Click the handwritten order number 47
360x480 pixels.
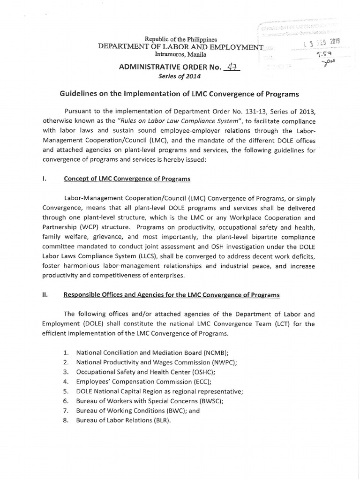232,68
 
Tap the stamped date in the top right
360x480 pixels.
322,43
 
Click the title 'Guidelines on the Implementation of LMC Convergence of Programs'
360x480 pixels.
179,94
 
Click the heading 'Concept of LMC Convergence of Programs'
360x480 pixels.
127,179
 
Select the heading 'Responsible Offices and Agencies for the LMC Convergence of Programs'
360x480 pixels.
172,295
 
